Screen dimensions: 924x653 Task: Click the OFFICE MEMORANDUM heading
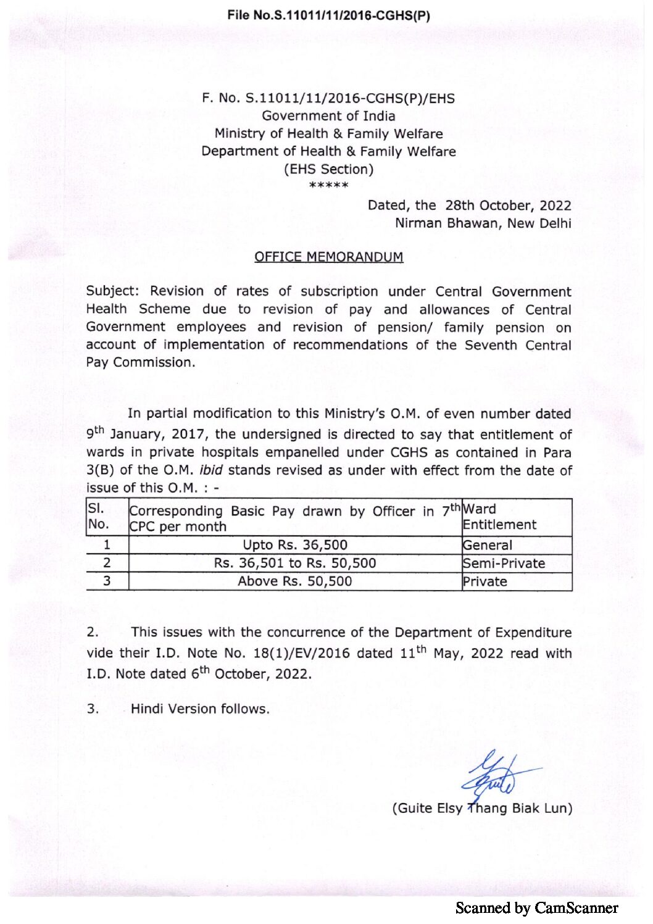(x=328, y=257)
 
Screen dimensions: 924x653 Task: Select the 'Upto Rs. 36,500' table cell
(x=295, y=545)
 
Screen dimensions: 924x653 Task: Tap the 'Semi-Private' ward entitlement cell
(x=504, y=563)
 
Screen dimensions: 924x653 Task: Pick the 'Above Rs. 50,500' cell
(x=295, y=581)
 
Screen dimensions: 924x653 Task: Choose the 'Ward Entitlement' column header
(x=499, y=517)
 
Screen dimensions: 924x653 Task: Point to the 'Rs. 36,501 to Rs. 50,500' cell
(x=295, y=563)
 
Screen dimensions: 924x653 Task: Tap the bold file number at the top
(x=328, y=15)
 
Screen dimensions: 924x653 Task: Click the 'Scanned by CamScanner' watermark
(x=536, y=907)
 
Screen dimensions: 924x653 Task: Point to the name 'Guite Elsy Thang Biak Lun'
(x=482, y=808)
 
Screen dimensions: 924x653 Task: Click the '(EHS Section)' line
(x=328, y=169)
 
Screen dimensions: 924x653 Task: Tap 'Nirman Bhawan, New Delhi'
(x=483, y=223)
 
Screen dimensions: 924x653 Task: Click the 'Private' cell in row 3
(x=485, y=581)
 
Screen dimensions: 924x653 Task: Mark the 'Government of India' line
(x=328, y=115)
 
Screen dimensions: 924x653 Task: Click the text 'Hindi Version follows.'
(x=200, y=709)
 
